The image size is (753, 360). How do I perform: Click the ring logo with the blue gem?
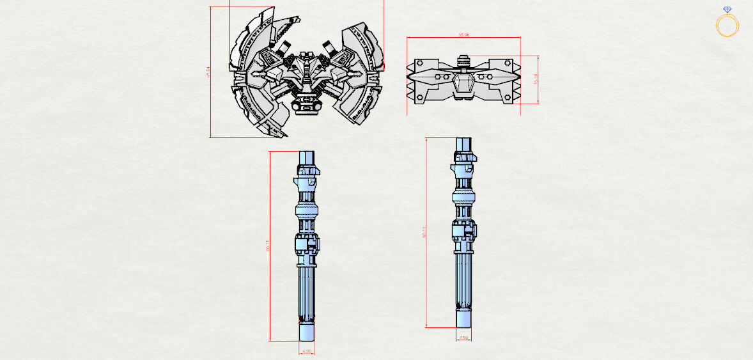click(727, 24)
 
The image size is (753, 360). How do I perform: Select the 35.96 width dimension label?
click(463, 35)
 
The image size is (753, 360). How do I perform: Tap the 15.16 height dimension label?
click(535, 79)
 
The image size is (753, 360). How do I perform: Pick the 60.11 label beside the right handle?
click(423, 233)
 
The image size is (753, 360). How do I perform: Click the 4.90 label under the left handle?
click(307, 351)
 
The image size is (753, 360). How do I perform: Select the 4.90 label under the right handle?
click(464, 338)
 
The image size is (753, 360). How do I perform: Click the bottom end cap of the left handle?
click(307, 333)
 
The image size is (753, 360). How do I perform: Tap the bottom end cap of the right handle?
click(464, 319)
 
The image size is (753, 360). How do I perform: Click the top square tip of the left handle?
click(307, 157)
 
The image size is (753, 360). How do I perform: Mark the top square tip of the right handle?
click(464, 144)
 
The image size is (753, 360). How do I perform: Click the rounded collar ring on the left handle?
click(307, 211)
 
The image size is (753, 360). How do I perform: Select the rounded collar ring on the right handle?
click(464, 196)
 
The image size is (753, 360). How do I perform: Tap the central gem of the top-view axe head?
click(464, 84)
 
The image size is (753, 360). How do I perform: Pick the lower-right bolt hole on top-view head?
click(509, 97)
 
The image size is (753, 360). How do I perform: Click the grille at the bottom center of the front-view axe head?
click(306, 106)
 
